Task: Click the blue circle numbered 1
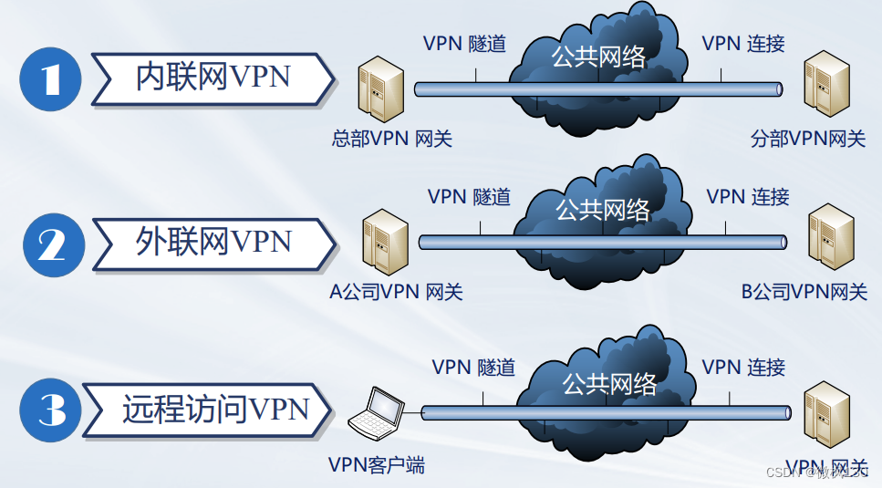[50, 79]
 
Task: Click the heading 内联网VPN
[213, 78]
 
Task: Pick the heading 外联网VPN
[214, 242]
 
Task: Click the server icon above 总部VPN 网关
[379, 91]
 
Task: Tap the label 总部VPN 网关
[391, 139]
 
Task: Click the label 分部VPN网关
[807, 139]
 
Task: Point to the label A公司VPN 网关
[396, 293]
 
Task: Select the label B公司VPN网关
[804, 293]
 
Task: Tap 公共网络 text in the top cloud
[598, 57]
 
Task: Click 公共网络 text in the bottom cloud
[608, 383]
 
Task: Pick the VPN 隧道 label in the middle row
[469, 196]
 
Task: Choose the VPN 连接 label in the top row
[743, 43]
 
